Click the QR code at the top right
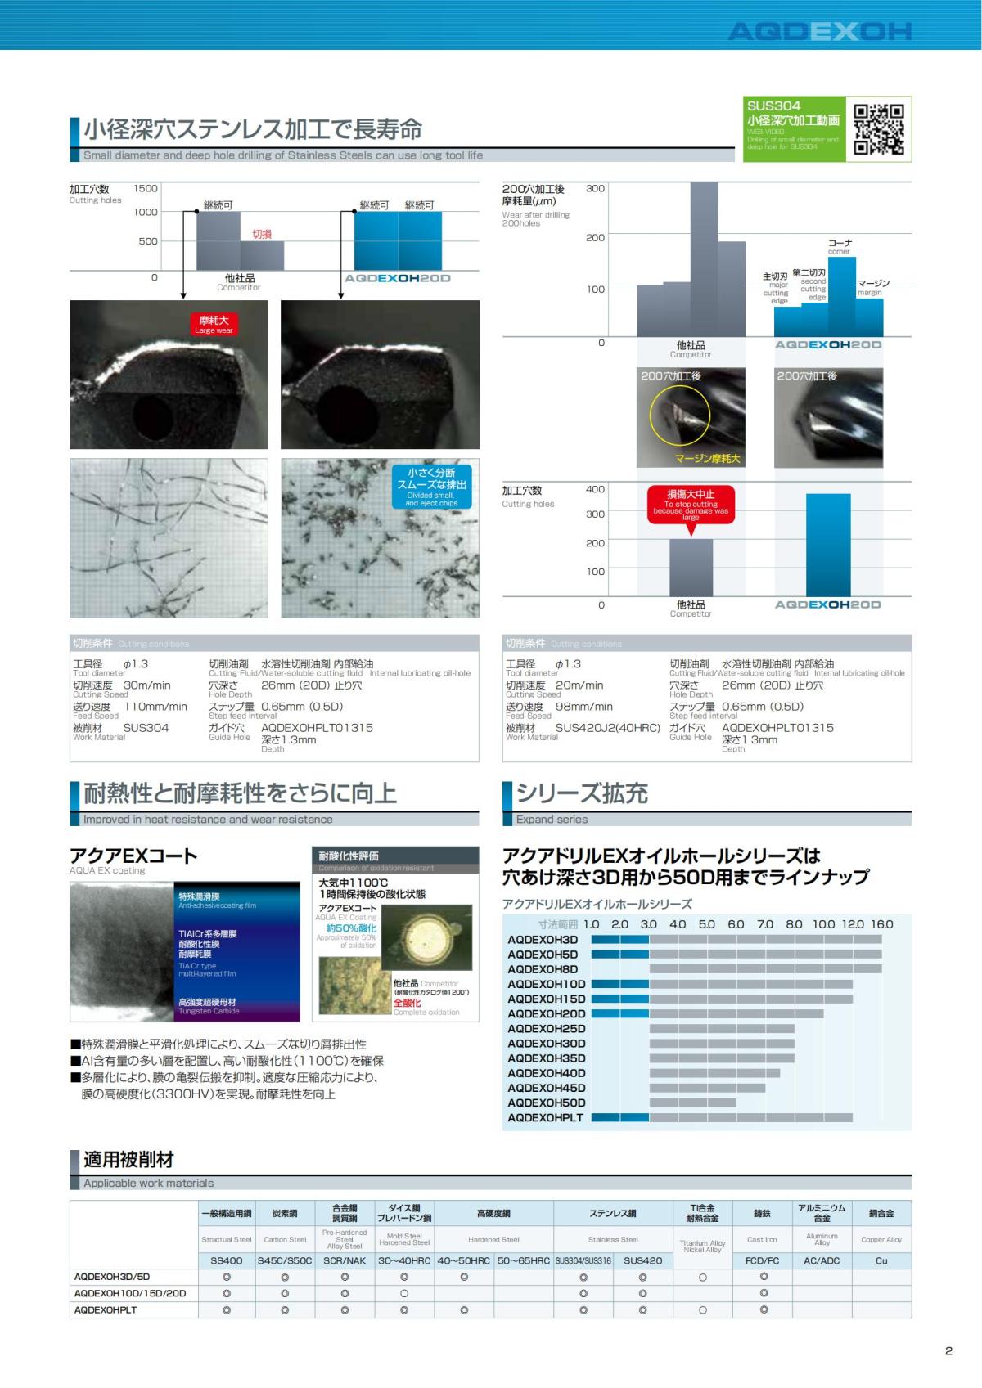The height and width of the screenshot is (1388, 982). click(878, 128)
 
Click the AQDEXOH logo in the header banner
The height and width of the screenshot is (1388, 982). click(819, 32)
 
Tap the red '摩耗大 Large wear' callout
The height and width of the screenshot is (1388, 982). click(214, 324)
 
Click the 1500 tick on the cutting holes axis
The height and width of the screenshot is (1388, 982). click(146, 188)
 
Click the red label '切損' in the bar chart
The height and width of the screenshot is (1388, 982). click(262, 234)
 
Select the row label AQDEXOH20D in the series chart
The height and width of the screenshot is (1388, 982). click(547, 1013)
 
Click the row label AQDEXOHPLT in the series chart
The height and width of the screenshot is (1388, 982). click(545, 1117)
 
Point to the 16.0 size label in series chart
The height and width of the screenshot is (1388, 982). click(881, 924)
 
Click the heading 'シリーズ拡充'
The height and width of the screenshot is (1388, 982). click(581, 793)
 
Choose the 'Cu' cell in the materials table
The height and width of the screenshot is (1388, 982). click(881, 1260)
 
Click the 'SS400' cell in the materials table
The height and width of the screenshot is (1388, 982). click(227, 1260)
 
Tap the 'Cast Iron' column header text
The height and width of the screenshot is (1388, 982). click(763, 1239)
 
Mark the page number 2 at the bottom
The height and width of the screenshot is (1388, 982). click(948, 1350)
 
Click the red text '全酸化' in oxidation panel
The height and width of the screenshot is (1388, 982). click(408, 1003)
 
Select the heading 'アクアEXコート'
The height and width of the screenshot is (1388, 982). click(133, 856)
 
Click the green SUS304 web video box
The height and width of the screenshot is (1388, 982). click(793, 128)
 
